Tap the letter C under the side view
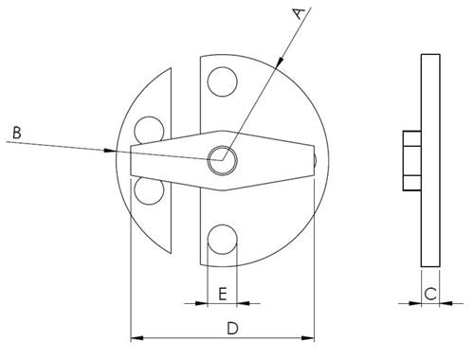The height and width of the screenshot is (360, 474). click(x=429, y=294)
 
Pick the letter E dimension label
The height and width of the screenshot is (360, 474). click(x=221, y=294)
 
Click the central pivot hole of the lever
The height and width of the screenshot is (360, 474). click(x=223, y=159)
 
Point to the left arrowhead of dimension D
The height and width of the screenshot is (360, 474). click(x=135, y=336)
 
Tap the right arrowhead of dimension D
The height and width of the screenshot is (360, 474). click(x=308, y=336)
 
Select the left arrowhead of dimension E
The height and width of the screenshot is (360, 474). click(x=200, y=303)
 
